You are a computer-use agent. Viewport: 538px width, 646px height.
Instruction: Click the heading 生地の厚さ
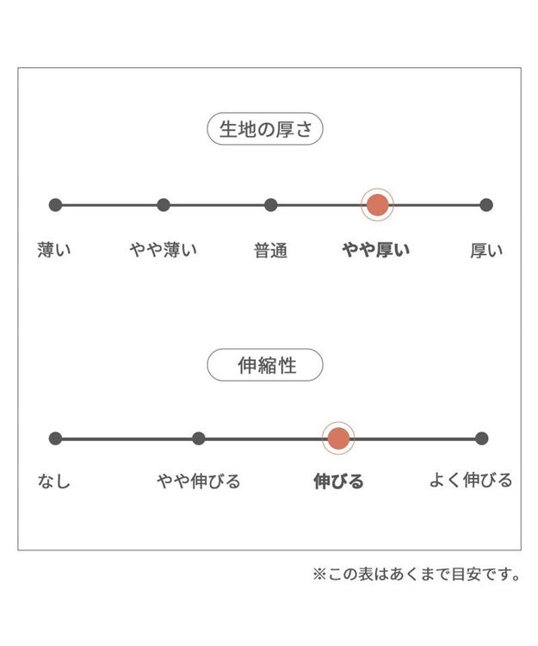point(265,129)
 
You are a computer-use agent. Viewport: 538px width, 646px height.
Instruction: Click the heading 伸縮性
point(267,365)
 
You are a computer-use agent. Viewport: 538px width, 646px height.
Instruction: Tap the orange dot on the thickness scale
point(378,205)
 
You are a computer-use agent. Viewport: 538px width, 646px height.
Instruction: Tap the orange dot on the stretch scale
point(338,438)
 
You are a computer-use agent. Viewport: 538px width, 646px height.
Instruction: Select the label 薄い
point(54,250)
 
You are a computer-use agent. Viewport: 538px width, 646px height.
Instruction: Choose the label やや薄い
point(164,250)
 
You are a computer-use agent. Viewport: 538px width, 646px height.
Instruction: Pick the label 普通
point(270,251)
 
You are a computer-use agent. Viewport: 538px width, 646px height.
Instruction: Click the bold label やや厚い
point(376,250)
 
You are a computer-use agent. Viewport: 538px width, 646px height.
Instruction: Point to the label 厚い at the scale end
point(486,251)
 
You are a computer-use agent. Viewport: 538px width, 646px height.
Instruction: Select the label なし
point(54,481)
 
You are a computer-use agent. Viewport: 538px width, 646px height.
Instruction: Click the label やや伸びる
point(198,481)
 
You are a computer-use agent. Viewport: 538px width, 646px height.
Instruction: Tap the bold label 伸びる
point(338,481)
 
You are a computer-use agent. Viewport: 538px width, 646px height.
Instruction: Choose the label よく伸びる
point(471,480)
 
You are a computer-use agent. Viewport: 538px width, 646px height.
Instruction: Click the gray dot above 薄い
point(55,205)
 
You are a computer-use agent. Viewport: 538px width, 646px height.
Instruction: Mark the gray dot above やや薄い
point(164,205)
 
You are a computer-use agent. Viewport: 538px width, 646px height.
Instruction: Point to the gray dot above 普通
point(271,205)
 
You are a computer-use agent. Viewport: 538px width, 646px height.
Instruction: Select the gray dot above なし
point(55,438)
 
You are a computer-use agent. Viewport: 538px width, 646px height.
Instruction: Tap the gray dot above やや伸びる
point(198,438)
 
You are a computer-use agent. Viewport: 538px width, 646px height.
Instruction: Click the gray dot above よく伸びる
point(481,438)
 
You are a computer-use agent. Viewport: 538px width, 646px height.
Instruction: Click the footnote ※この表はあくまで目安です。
point(417,574)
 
